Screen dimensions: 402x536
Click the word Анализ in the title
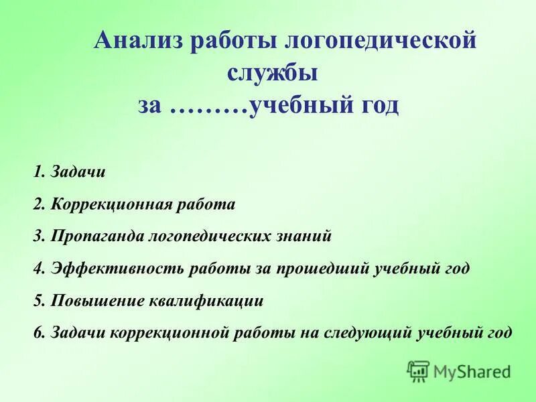(139, 41)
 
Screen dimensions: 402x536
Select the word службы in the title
(272, 73)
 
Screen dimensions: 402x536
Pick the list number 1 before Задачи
(36, 172)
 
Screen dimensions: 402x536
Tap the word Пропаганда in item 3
(92, 237)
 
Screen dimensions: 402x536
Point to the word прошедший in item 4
(316, 269)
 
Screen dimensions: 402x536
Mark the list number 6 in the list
(36, 332)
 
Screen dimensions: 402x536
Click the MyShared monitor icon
(419, 371)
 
